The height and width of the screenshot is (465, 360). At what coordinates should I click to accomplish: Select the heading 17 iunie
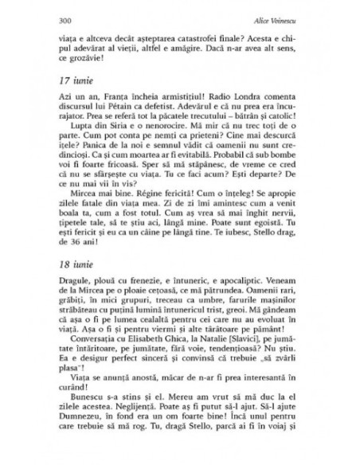point(77,83)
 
